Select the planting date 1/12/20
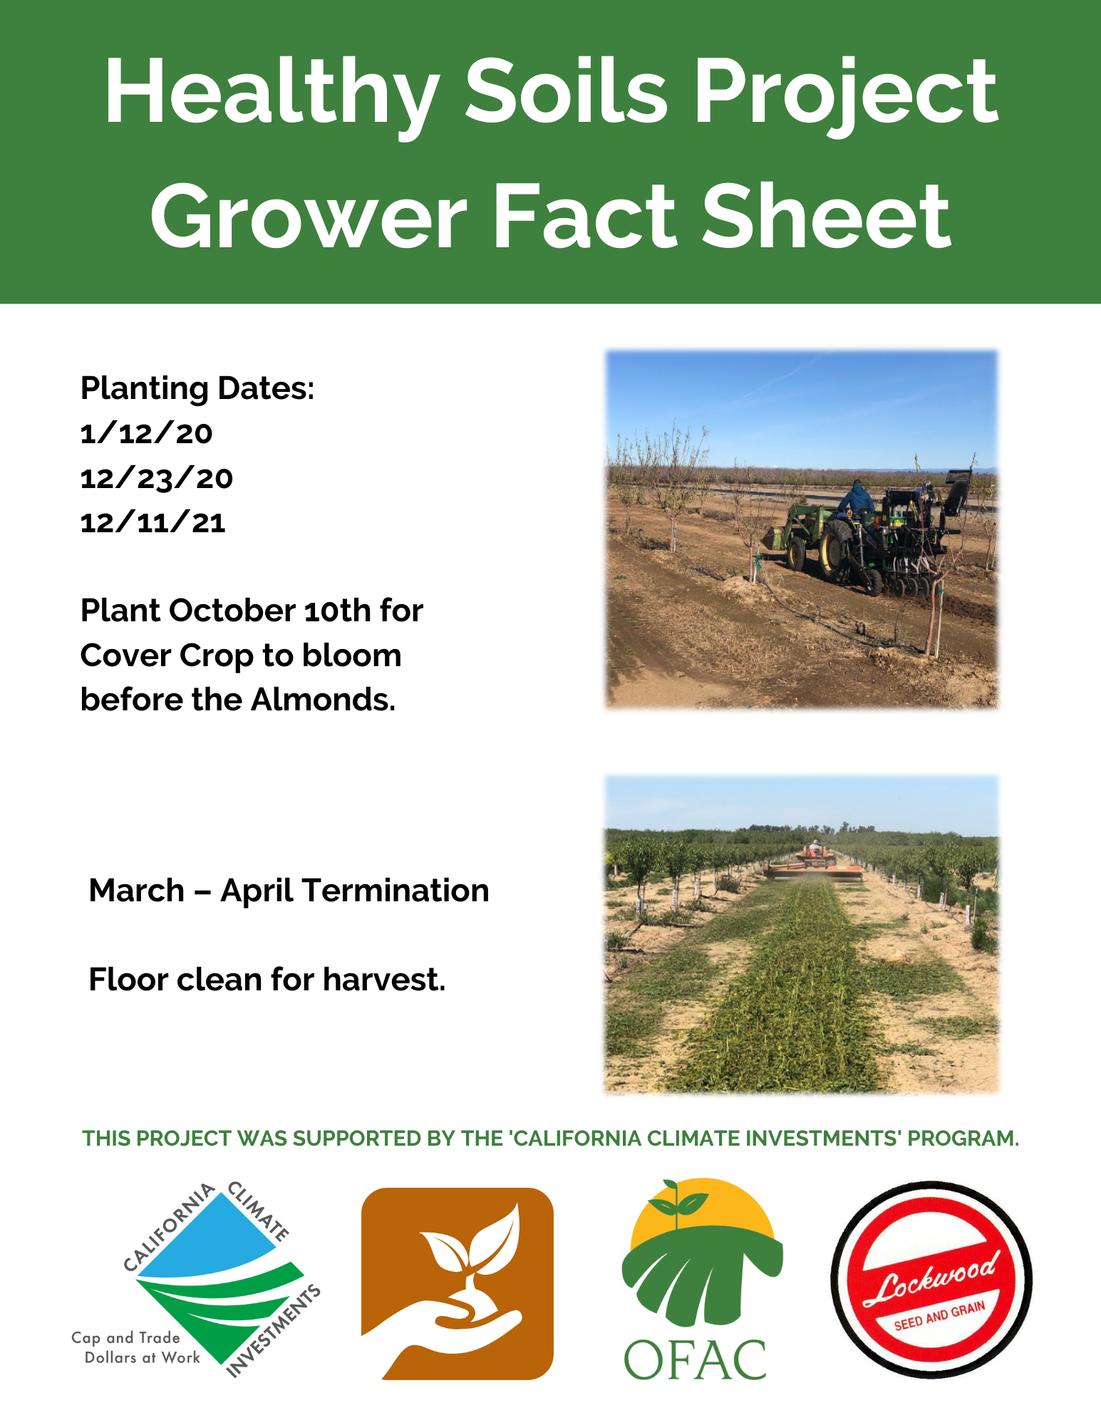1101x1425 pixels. click(x=146, y=434)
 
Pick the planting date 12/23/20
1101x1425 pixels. click(x=156, y=479)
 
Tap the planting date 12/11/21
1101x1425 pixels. click(x=153, y=524)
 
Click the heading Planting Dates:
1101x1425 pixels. click(x=197, y=389)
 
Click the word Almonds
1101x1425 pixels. click(x=323, y=700)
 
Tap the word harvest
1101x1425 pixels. click(x=383, y=980)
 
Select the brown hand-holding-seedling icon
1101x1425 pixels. click(x=457, y=1283)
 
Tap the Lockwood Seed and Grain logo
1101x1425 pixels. click(x=931, y=1280)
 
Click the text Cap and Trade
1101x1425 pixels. click(x=125, y=1337)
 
